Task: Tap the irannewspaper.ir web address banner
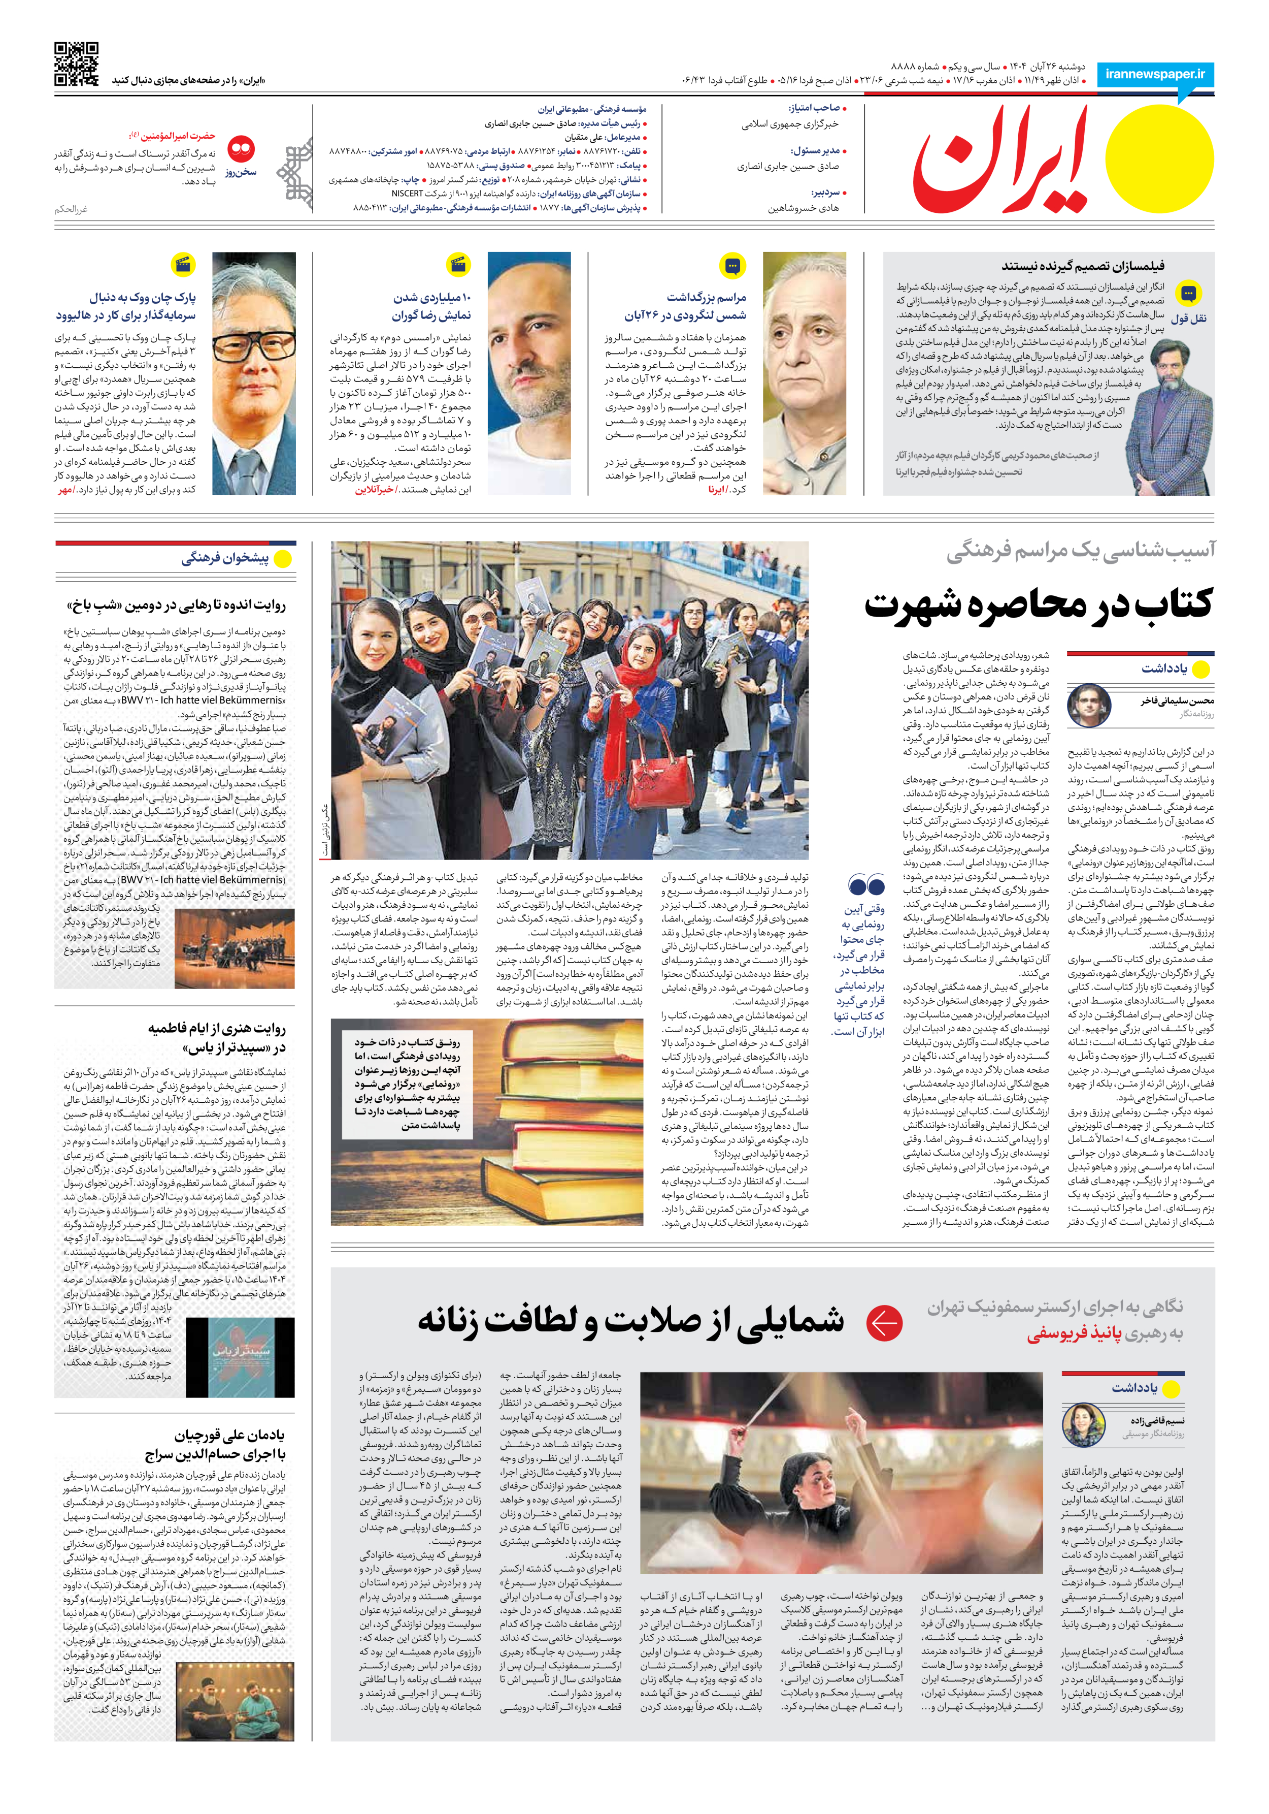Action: tap(1155, 74)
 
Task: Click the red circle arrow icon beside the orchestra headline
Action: tap(884, 1323)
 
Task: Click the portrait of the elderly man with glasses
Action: tap(254, 373)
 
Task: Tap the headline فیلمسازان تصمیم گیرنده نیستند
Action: tap(1083, 266)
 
